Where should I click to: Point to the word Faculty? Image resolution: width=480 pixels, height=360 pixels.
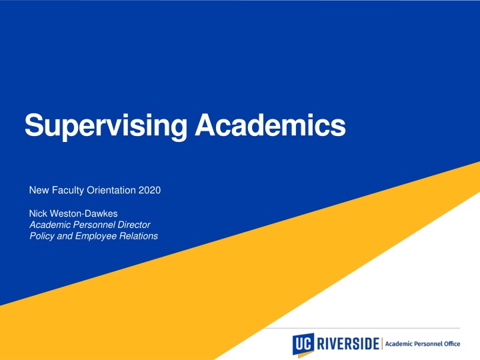67,191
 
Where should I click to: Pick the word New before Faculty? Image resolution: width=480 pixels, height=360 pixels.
39,191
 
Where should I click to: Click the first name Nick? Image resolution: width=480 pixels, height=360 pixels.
39,213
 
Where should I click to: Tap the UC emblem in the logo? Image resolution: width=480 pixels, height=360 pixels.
303,343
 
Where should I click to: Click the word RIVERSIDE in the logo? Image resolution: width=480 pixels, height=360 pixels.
347,343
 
